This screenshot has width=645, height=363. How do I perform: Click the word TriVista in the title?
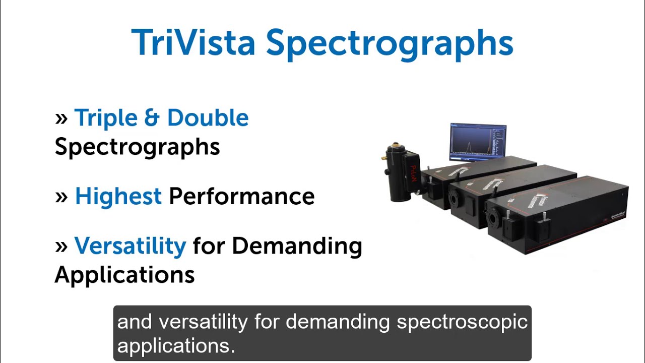click(x=193, y=42)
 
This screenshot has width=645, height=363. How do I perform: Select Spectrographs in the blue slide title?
click(x=390, y=45)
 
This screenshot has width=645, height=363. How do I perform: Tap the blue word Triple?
click(x=106, y=118)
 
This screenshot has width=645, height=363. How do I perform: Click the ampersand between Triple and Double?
click(x=152, y=117)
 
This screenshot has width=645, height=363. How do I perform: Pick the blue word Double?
click(x=208, y=117)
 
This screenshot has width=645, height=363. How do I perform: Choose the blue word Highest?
click(x=118, y=197)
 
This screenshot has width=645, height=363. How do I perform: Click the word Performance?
click(x=241, y=197)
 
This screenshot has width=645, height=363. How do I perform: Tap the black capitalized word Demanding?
click(x=297, y=246)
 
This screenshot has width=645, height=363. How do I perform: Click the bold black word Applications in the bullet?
click(x=124, y=275)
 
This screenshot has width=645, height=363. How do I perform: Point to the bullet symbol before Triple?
click(x=61, y=118)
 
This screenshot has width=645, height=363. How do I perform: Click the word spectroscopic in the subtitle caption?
click(x=462, y=322)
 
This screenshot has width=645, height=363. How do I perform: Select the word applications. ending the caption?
click(x=176, y=346)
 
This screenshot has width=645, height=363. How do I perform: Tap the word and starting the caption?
click(x=135, y=322)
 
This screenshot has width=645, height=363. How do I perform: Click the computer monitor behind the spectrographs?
click(x=478, y=142)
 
